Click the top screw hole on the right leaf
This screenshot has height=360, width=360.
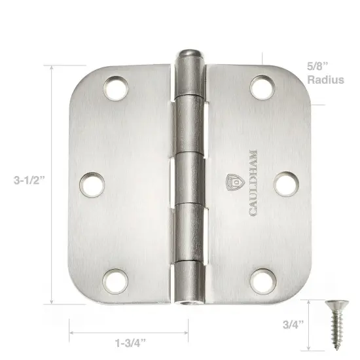point(261,86)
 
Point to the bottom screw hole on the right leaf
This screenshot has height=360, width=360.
point(262,279)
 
